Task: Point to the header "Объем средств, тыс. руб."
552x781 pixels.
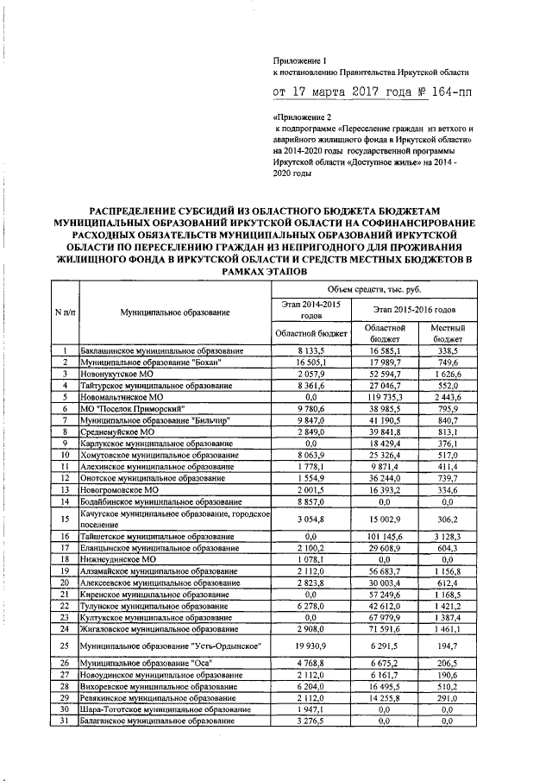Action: [x=385, y=287]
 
